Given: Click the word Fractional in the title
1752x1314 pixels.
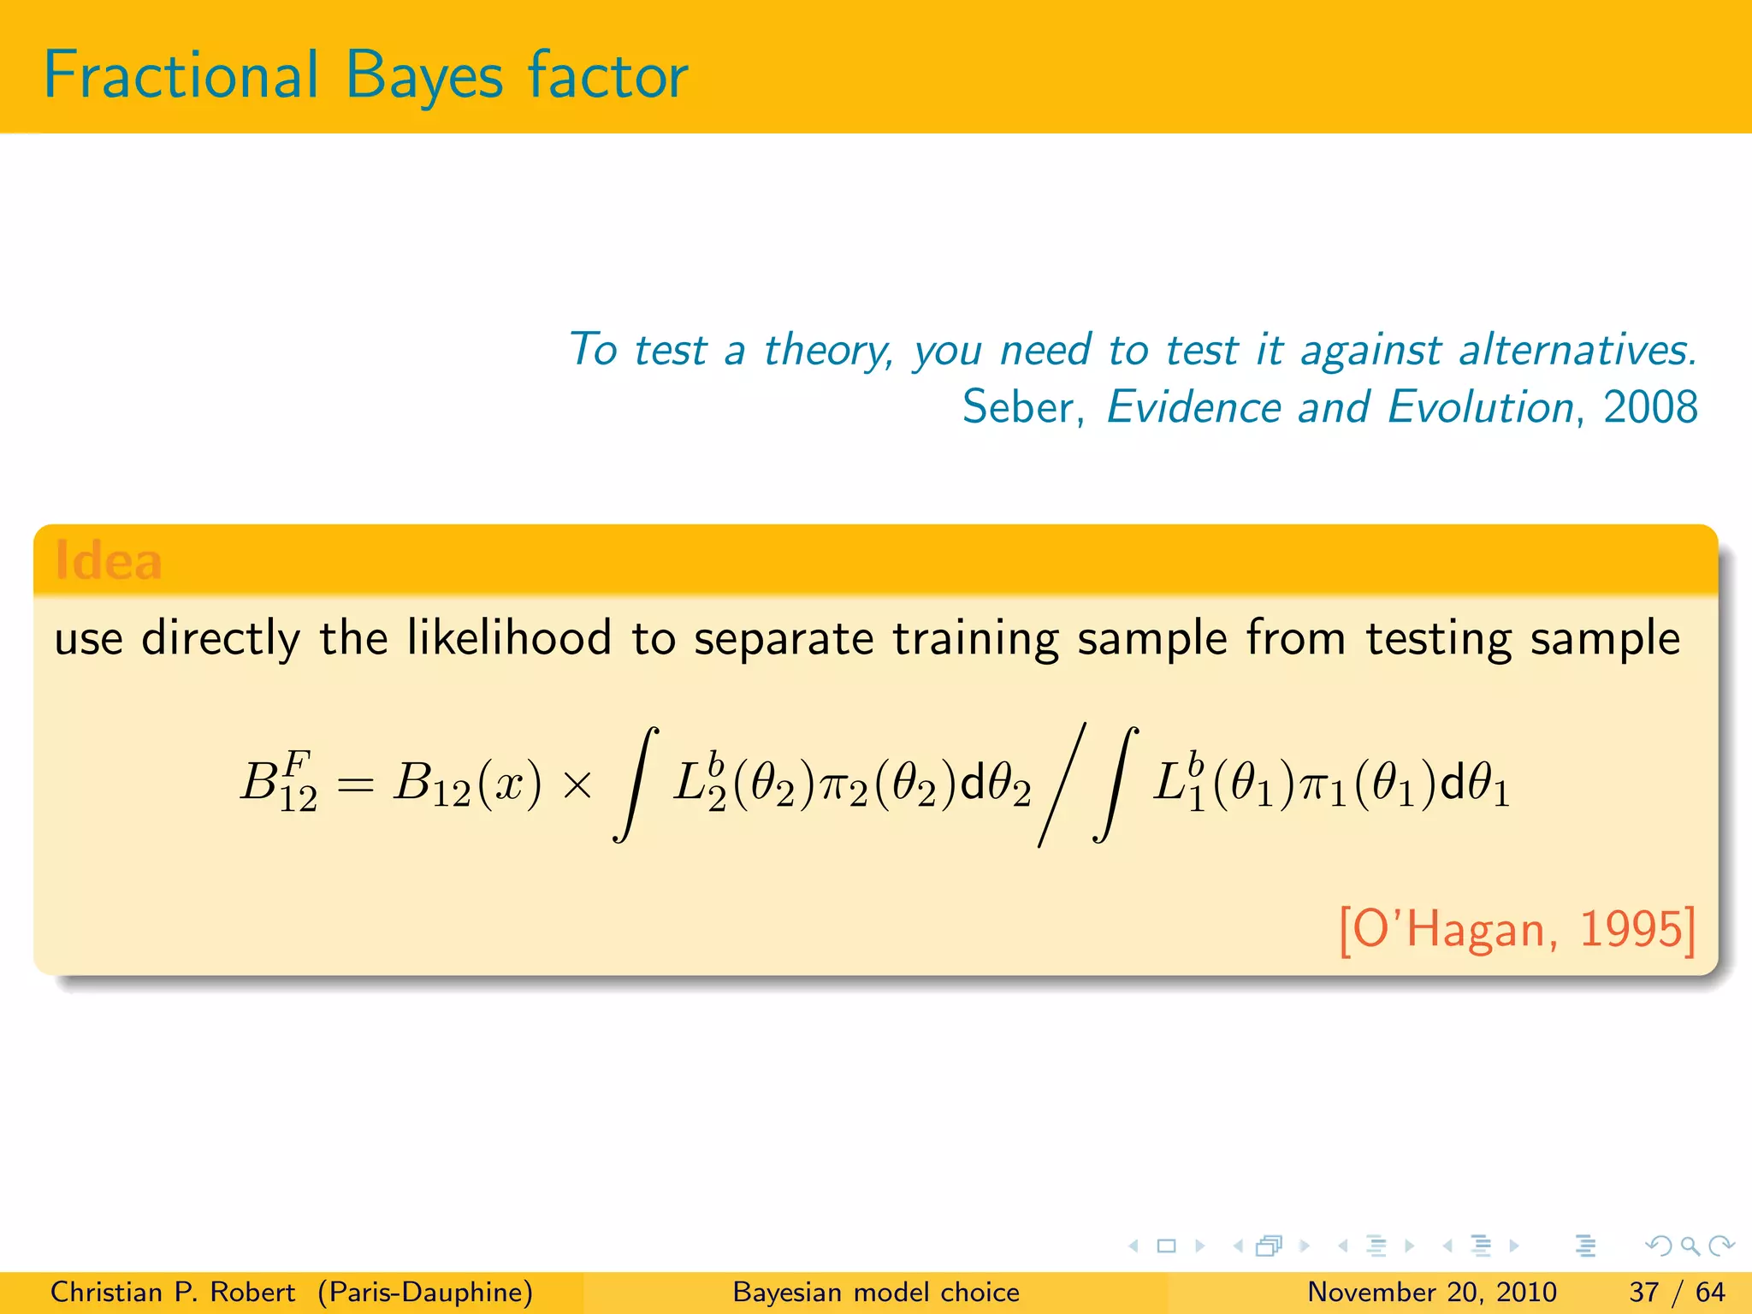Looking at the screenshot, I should pos(181,75).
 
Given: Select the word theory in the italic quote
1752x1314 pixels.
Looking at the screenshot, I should pos(827,351).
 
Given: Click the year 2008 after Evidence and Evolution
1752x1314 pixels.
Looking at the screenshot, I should pos(1650,407).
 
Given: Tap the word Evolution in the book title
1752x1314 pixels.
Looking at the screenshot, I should pos(1480,407).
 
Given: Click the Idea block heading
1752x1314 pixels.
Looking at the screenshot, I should pos(108,561).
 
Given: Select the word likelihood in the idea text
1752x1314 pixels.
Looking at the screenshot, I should pos(509,638).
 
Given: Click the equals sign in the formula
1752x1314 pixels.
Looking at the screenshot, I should pos(355,784).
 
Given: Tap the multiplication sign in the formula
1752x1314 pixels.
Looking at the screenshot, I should pos(578,784).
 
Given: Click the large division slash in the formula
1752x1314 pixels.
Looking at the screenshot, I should pos(1062,784).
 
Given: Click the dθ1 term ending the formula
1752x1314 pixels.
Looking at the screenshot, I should pos(1475,784).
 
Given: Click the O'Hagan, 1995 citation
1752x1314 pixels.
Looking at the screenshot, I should pos(1516,929).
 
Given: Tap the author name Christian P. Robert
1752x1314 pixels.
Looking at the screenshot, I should pos(172,1292).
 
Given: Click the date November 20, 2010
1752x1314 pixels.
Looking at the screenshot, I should pos(1431,1292).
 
